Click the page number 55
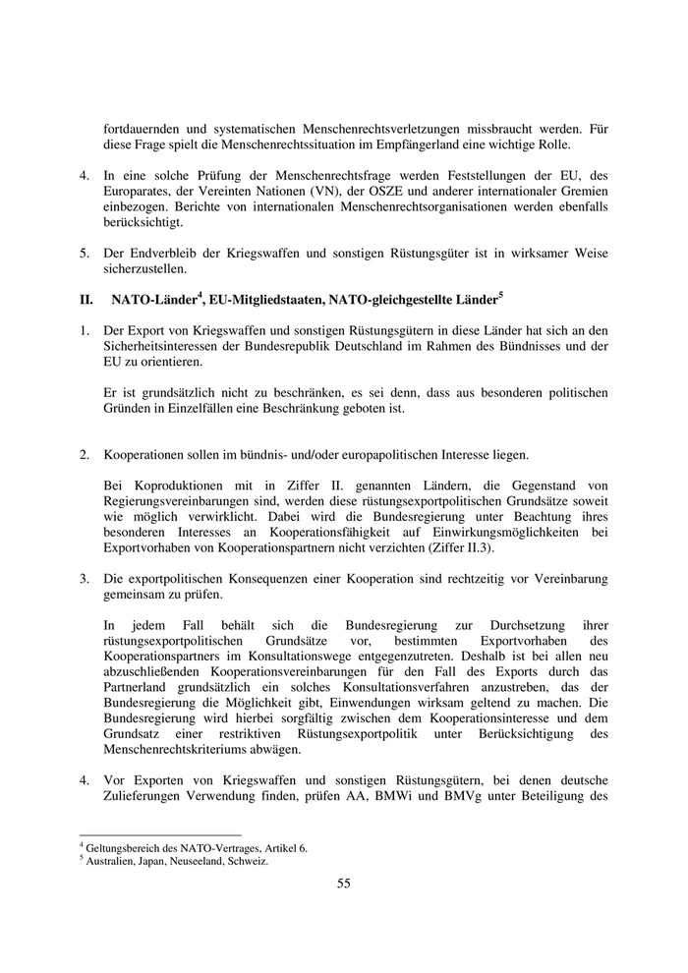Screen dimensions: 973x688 coord(344,883)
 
